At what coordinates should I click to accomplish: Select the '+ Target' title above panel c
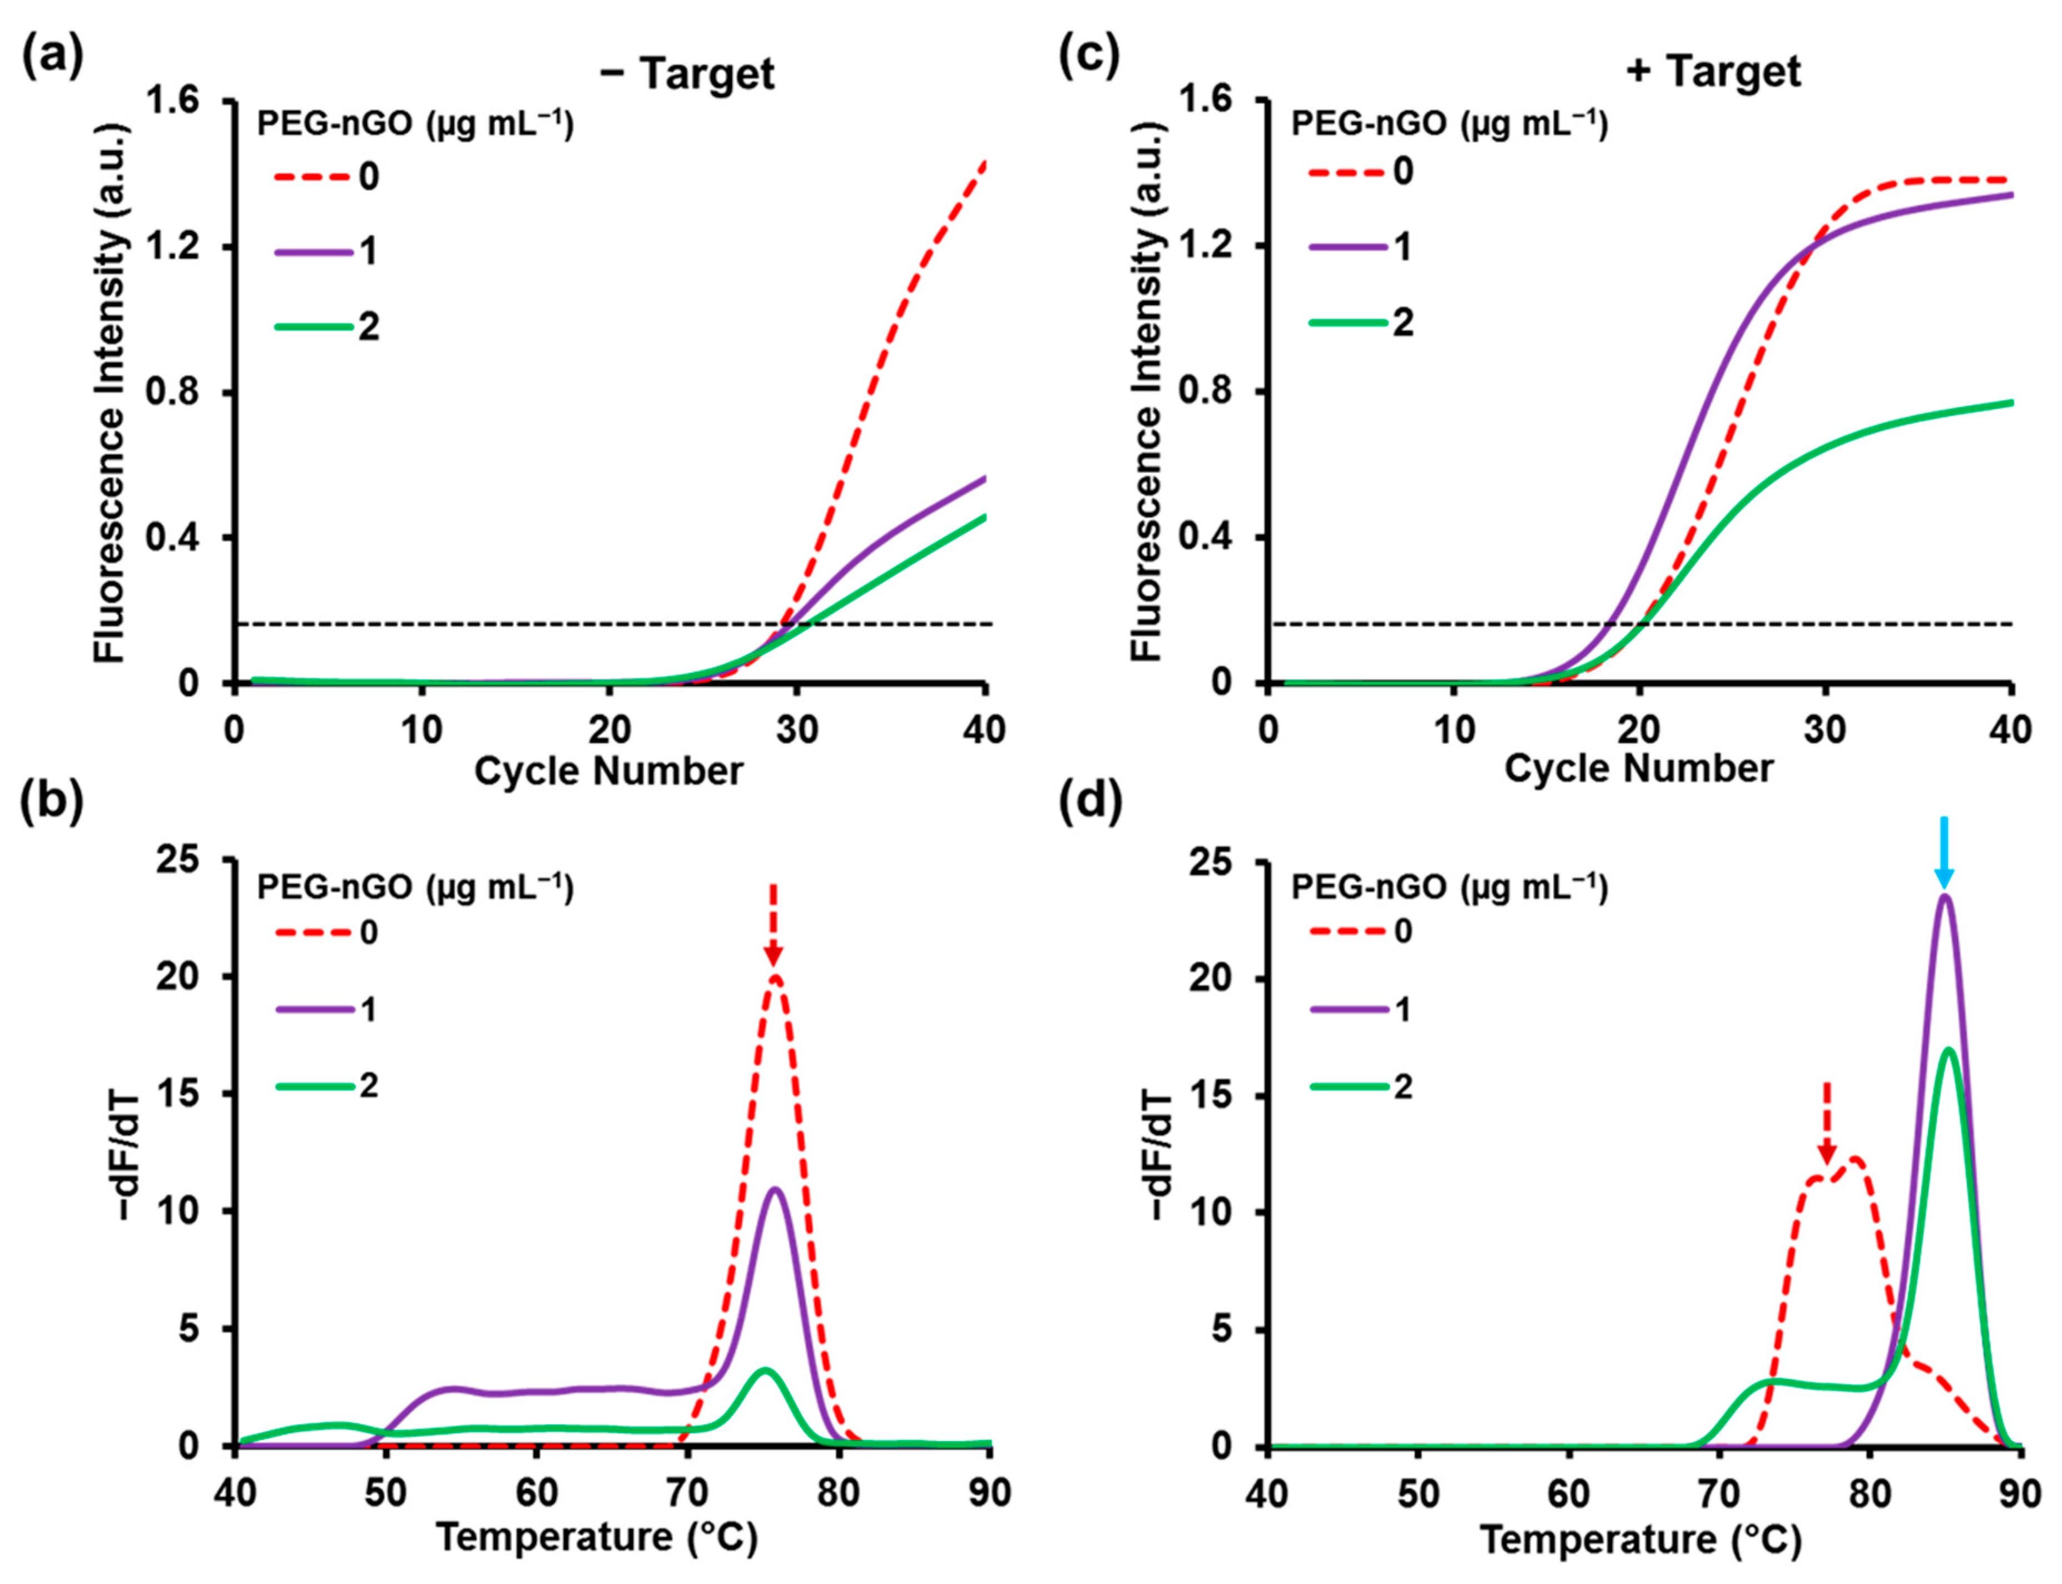click(1713, 72)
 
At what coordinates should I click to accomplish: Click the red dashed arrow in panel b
click(773, 924)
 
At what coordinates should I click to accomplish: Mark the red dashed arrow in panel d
click(1826, 1122)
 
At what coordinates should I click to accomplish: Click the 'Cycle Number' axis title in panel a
click(608, 771)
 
